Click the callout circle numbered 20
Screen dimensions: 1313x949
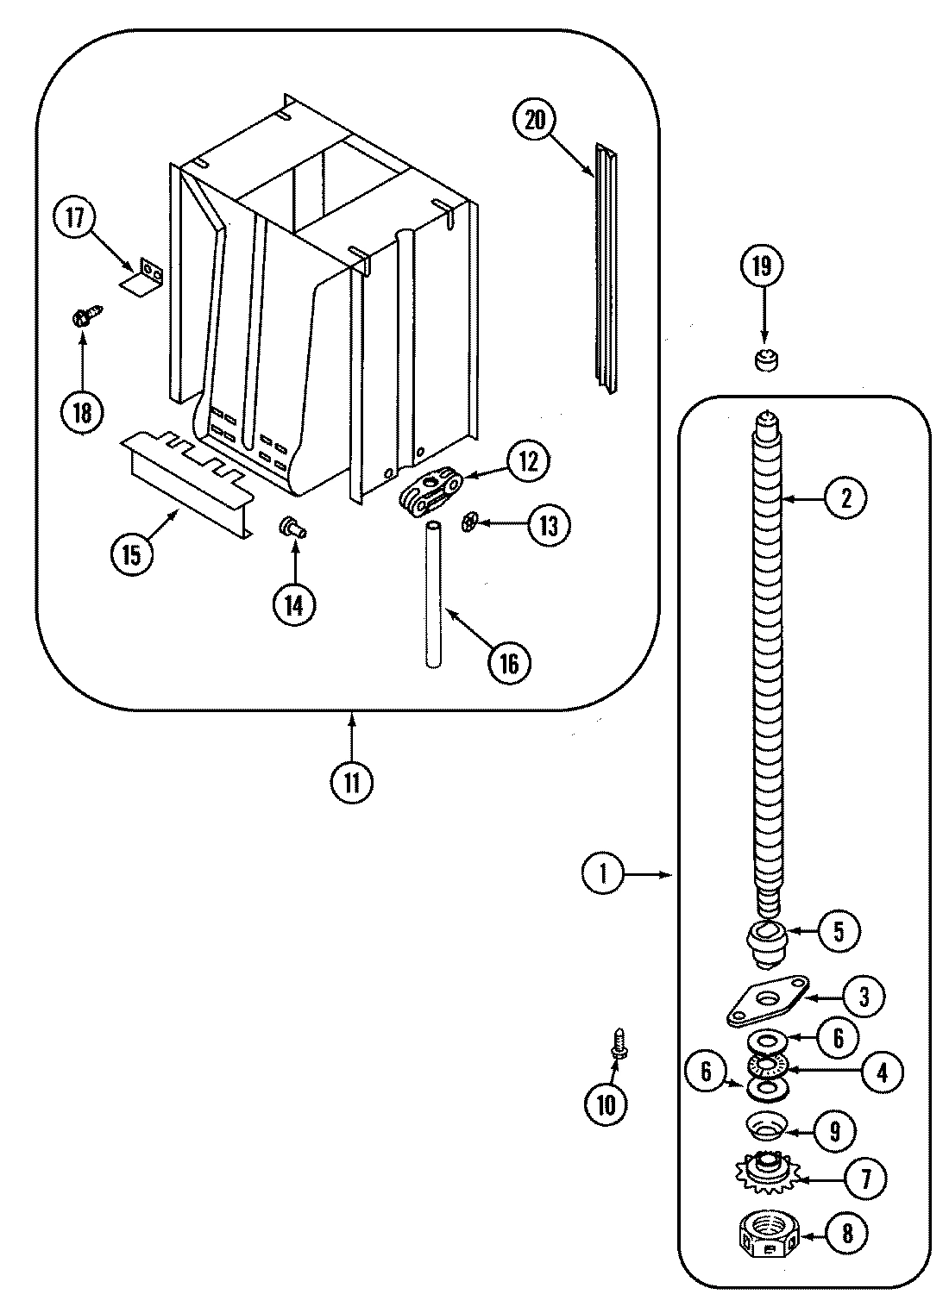(535, 121)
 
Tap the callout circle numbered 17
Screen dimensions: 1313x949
(75, 217)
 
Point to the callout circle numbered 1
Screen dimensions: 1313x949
(603, 875)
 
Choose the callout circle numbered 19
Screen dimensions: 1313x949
(762, 267)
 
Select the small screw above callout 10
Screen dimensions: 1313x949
(618, 1043)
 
